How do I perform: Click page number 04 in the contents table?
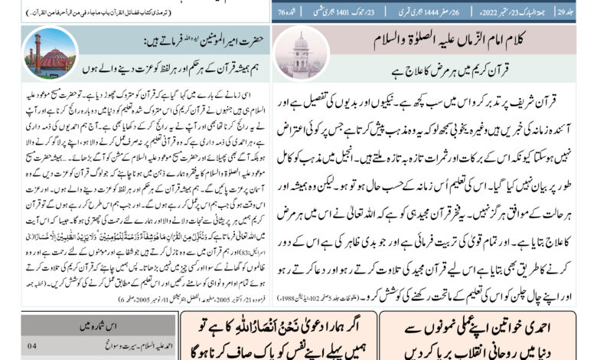31,345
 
